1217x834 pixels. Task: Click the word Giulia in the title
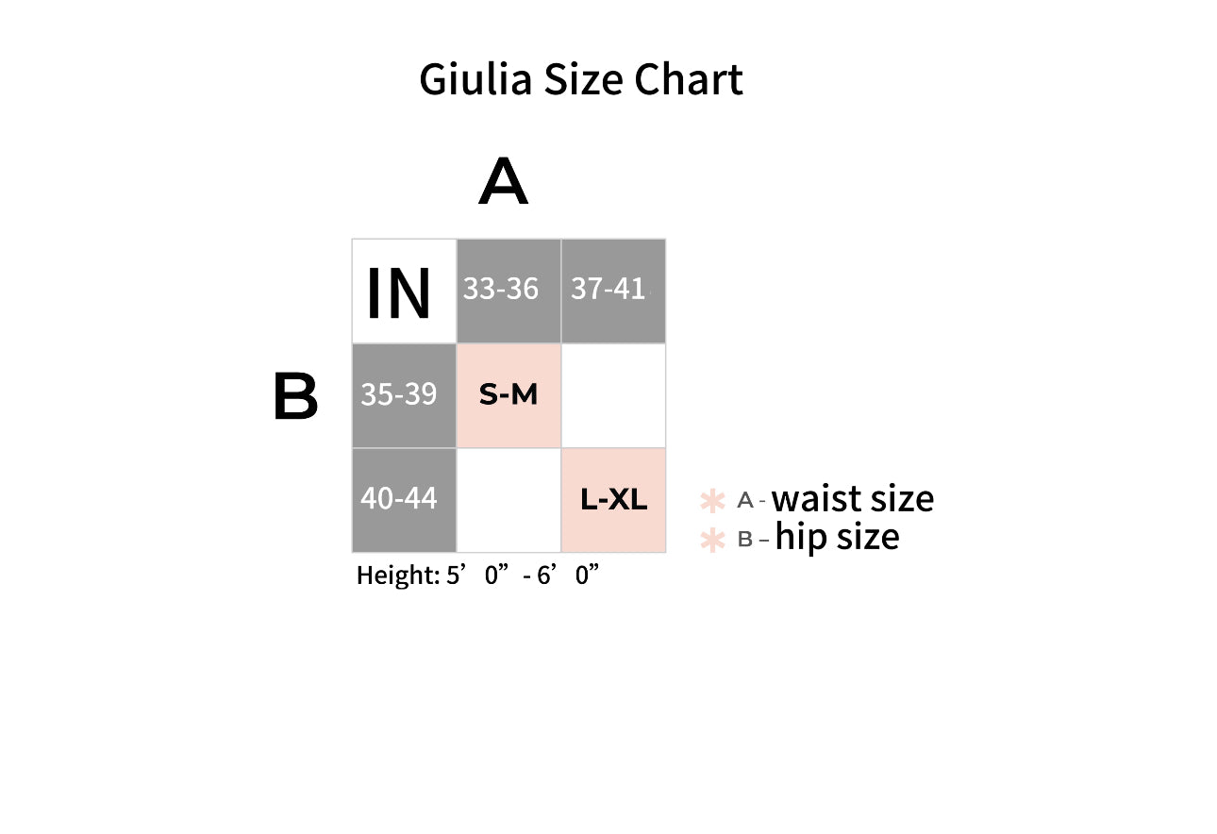point(475,79)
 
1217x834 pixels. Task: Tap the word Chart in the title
point(689,79)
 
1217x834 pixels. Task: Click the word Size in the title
point(582,79)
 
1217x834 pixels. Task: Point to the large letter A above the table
point(503,181)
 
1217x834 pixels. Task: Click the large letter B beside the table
point(295,395)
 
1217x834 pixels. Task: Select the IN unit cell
point(404,292)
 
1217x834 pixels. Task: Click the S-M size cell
point(508,395)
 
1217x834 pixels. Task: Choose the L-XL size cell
point(613,500)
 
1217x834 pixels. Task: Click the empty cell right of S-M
point(613,395)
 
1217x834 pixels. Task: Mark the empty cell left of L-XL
point(508,500)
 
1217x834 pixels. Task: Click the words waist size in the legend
point(853,498)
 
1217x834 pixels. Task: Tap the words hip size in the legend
point(837,538)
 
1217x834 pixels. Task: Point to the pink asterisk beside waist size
point(712,500)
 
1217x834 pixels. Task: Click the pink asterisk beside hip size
point(712,540)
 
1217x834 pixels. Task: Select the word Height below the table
point(397,575)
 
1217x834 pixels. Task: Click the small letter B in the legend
point(745,540)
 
